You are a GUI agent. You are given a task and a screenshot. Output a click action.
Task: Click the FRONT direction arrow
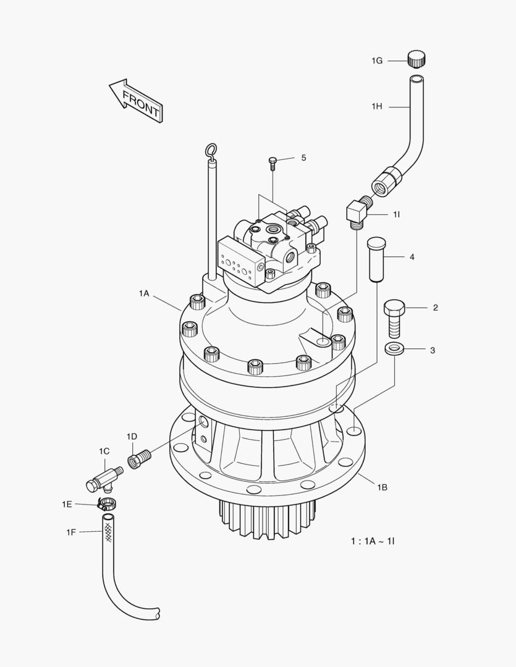[x=136, y=100]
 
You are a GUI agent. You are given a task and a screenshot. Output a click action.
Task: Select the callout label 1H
[x=376, y=107]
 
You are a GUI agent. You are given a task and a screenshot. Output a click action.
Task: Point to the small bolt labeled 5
[x=273, y=162]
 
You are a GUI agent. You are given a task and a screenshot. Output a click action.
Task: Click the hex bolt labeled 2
[x=394, y=317]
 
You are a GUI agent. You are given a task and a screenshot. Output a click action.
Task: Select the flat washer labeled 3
[x=394, y=350]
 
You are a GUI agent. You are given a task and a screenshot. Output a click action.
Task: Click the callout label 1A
[x=144, y=294]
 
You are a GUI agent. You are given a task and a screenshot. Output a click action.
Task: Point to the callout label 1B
[x=383, y=487]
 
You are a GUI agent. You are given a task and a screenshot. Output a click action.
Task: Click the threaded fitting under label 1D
[x=138, y=459]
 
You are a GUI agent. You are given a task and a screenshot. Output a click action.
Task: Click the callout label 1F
[x=72, y=532]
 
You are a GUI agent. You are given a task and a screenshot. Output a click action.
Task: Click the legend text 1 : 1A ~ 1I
[x=373, y=541]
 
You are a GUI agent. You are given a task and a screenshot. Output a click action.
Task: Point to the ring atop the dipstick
[x=211, y=150]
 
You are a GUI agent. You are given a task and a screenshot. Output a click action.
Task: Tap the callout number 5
[x=303, y=158]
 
